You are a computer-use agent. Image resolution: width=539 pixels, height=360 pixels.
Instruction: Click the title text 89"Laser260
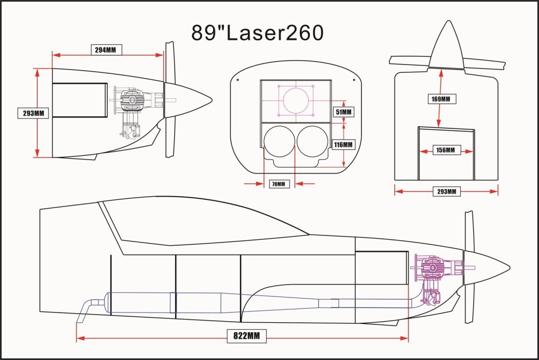(258, 32)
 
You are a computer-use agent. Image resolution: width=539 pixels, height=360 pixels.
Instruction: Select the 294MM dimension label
(106, 50)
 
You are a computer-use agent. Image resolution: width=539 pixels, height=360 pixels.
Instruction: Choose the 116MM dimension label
(343, 144)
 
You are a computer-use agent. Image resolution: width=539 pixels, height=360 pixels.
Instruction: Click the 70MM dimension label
(279, 184)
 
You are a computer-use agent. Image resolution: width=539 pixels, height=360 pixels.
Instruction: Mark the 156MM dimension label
(446, 150)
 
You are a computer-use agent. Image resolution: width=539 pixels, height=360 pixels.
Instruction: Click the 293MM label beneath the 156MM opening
(446, 191)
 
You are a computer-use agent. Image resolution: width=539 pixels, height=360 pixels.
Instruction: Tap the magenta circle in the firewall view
(296, 101)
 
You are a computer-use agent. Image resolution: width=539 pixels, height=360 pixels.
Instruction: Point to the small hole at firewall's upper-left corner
(237, 79)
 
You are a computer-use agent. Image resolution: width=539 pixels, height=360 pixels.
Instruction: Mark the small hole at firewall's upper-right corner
(354, 79)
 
